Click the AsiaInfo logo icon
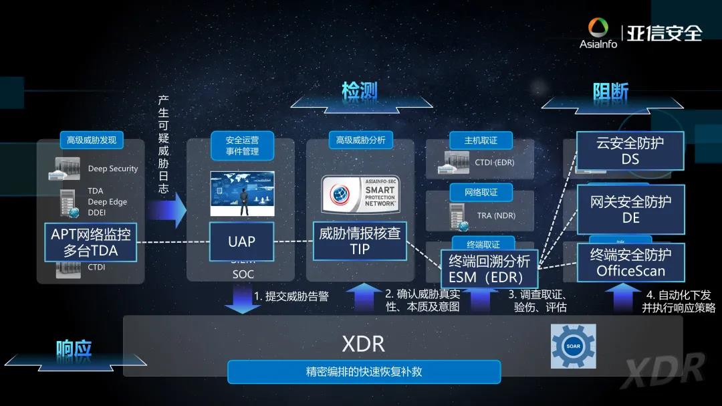tap(598, 29)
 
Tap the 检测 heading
tap(360, 91)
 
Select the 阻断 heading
tap(611, 92)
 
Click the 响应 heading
tap(74, 348)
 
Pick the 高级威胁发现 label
tap(92, 140)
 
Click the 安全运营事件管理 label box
tap(242, 146)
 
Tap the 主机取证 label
tap(481, 140)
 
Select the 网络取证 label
tap(481, 193)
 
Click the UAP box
tap(242, 241)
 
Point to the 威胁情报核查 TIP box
tap(360, 241)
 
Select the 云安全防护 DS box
tap(630, 150)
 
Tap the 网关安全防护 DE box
tap(630, 209)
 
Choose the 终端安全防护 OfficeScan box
tap(630, 262)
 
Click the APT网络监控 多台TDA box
tap(91, 241)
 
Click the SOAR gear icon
tap(573, 346)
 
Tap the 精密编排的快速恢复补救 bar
tap(364, 371)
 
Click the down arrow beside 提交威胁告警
tap(242, 299)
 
